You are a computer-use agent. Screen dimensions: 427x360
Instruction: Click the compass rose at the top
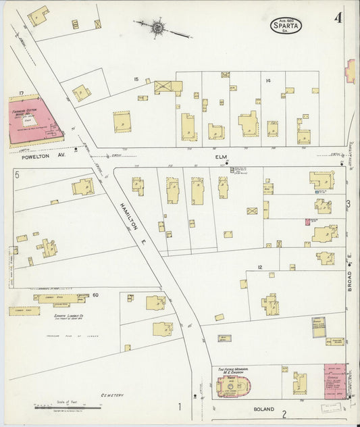pyautogui.click(x=157, y=28)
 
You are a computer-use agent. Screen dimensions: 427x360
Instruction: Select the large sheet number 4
pyautogui.click(x=336, y=18)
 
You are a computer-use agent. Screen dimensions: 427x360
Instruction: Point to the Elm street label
pyautogui.click(x=220, y=157)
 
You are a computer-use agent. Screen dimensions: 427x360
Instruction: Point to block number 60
pyautogui.click(x=95, y=295)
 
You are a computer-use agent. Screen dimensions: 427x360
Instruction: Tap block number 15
pyautogui.click(x=136, y=80)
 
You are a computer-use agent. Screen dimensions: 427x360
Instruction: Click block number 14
pyautogui.click(x=268, y=81)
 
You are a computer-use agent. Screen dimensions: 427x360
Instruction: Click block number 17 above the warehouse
pyautogui.click(x=22, y=93)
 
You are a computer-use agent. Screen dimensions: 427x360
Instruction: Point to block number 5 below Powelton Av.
pyautogui.click(x=17, y=174)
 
